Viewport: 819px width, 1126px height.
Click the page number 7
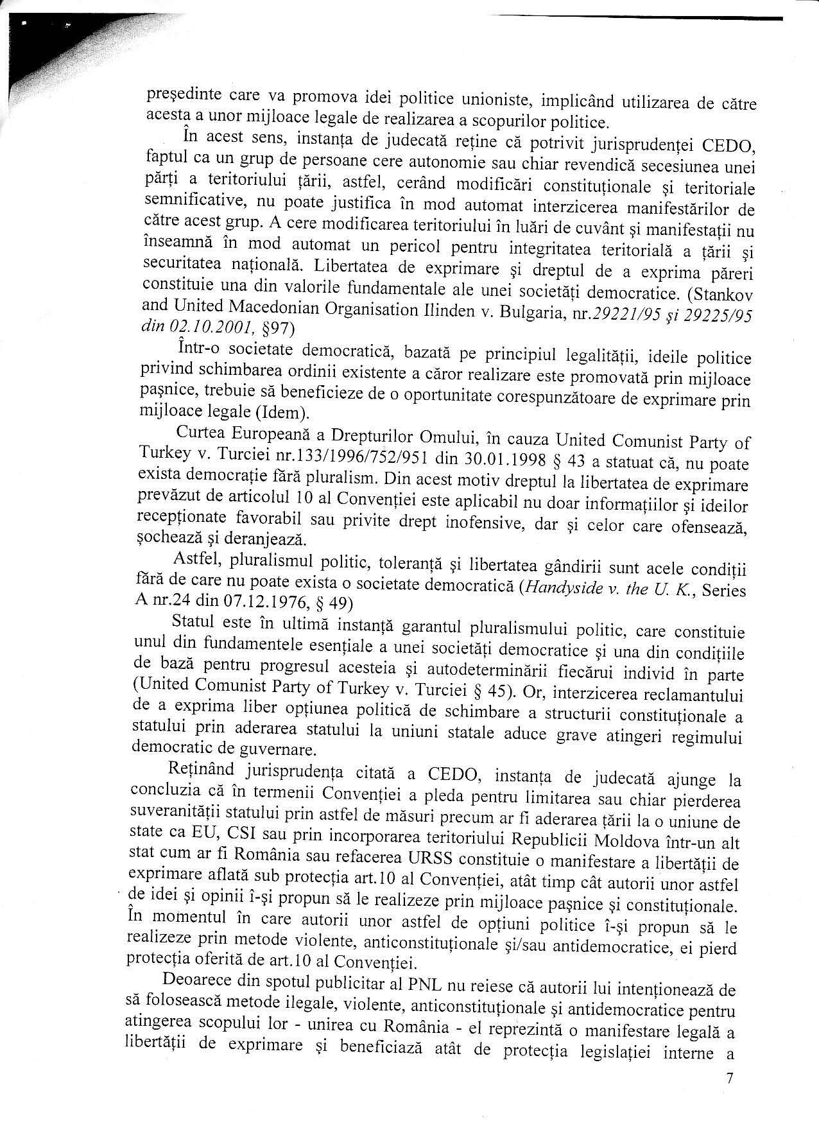[728, 1078]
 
